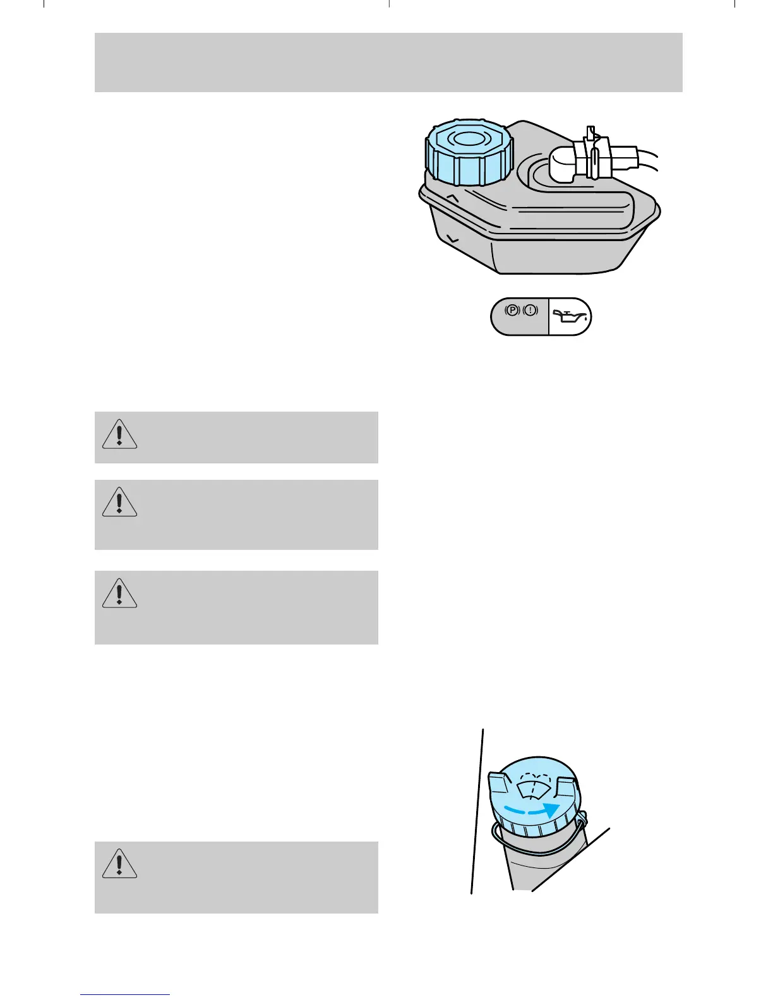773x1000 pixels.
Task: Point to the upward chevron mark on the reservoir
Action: coord(453,198)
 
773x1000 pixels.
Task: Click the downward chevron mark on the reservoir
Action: coord(452,239)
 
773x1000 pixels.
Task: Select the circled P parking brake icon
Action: coord(512,310)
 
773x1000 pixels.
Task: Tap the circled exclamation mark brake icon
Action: coord(530,310)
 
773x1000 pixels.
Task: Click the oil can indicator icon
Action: coord(570,316)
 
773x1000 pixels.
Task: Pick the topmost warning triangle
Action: coord(119,434)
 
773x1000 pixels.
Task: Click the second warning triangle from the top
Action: coord(119,503)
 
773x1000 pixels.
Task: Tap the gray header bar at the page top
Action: coord(388,62)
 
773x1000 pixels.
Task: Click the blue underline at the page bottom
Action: coord(124,995)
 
